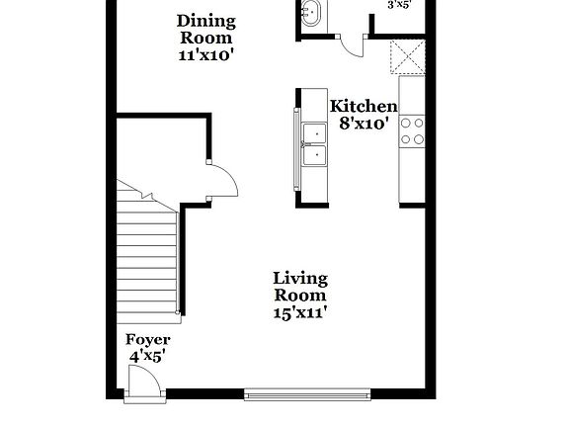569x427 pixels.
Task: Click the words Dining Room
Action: pyautogui.click(x=205, y=29)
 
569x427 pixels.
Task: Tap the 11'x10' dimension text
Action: pyautogui.click(x=205, y=55)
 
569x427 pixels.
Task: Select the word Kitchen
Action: pyautogui.click(x=363, y=107)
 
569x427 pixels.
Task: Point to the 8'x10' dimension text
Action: pyautogui.click(x=365, y=124)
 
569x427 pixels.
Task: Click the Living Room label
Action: pyautogui.click(x=300, y=287)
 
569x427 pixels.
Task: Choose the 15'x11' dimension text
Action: pyautogui.click(x=300, y=312)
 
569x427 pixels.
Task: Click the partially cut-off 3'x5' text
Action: pyautogui.click(x=399, y=5)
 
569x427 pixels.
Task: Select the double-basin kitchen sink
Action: pyautogui.click(x=315, y=143)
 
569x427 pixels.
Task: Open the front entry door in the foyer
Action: pyautogui.click(x=146, y=383)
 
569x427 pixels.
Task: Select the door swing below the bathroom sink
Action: pyautogui.click(x=351, y=45)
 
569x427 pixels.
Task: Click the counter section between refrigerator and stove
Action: pyautogui.click(x=411, y=98)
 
